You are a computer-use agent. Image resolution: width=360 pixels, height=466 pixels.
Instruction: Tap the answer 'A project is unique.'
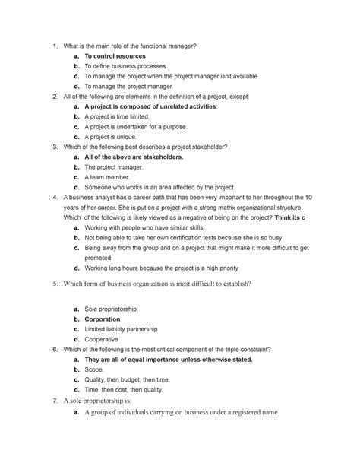[x=116, y=136]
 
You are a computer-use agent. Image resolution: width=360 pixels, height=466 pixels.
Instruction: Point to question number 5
[x=52, y=285]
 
